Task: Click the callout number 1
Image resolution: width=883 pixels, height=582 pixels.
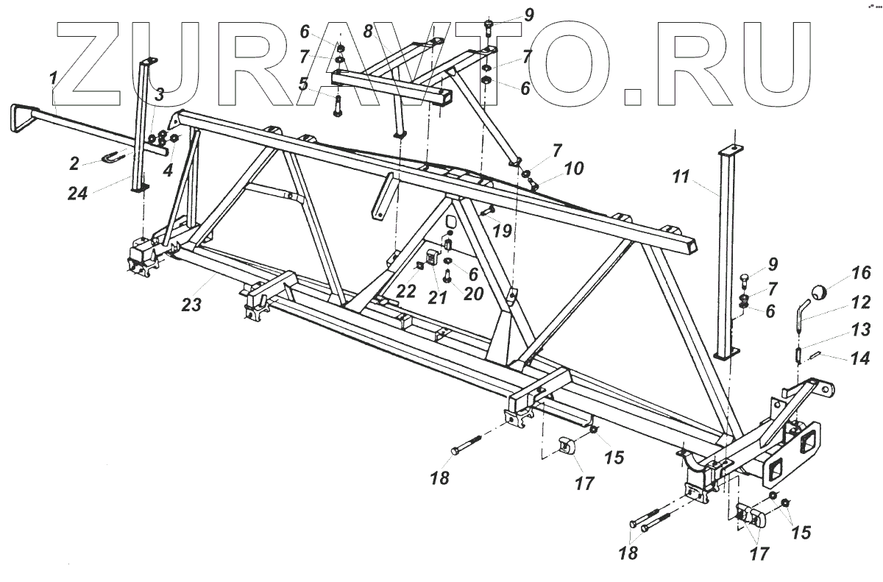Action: click(53, 77)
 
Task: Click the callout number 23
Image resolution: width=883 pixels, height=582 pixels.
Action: click(192, 305)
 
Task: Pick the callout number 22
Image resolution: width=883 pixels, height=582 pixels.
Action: click(405, 291)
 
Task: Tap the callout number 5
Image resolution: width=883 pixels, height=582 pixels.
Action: click(303, 83)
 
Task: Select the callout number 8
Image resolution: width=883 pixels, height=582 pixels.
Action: click(369, 31)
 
